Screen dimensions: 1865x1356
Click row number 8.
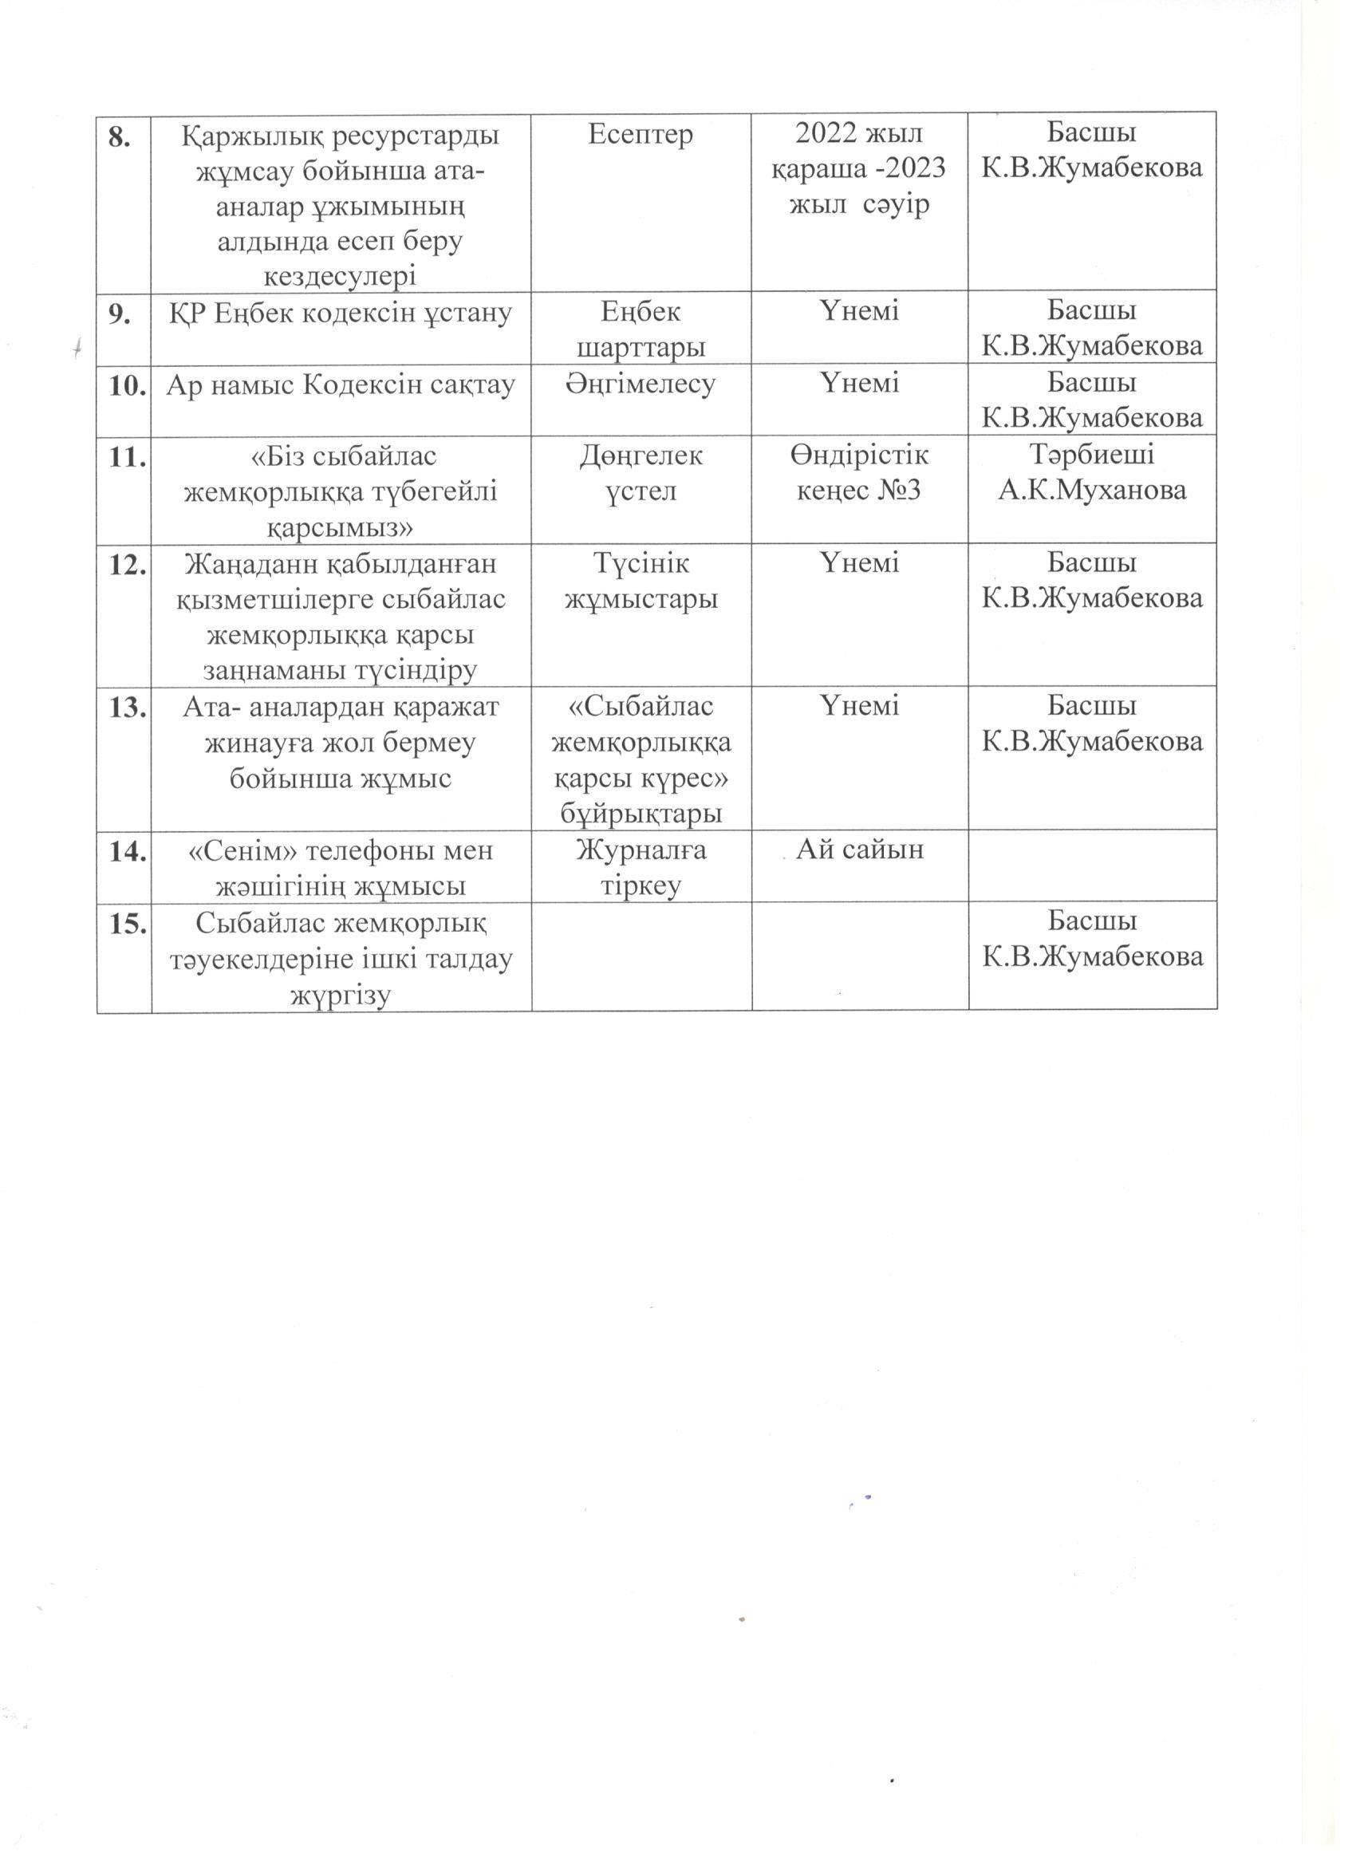123,137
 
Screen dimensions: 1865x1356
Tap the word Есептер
641,134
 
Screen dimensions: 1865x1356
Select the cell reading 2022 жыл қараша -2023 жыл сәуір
859,168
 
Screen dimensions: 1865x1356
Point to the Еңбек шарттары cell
641,329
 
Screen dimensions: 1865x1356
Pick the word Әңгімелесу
641,384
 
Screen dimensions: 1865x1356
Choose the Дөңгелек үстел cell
641,474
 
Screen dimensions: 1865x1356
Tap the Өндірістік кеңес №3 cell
859,474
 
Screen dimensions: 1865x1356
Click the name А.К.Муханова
1092,491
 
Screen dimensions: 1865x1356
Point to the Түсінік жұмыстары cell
641,582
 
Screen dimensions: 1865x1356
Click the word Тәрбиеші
1092,455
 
